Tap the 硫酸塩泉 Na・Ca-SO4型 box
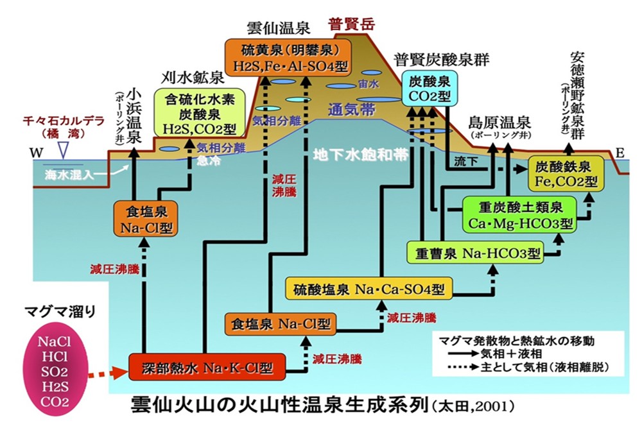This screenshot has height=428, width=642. point(369,289)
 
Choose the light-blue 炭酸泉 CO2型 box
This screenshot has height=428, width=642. point(429,89)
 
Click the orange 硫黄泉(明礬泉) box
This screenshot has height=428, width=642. point(278,56)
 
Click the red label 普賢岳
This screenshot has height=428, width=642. point(351,26)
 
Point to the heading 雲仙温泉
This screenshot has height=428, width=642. point(277,28)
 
